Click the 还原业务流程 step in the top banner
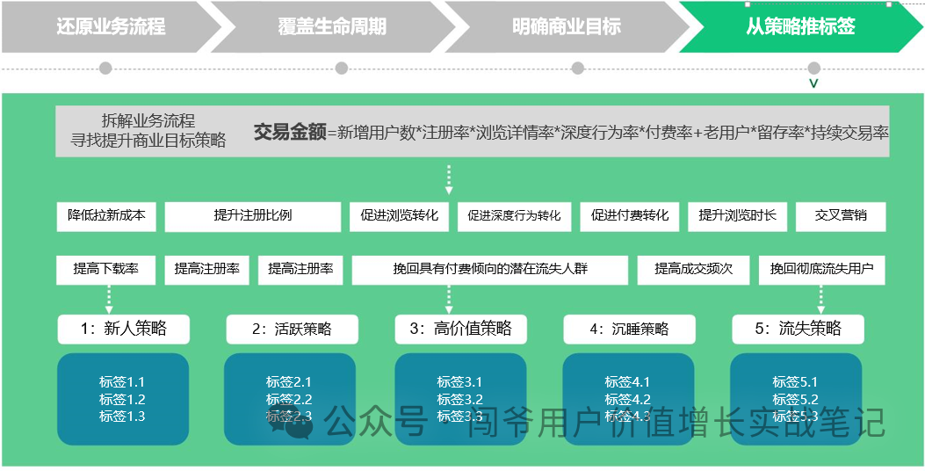[x=111, y=26]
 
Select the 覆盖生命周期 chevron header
[x=332, y=26]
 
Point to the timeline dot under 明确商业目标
[x=577, y=68]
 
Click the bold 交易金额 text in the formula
[x=289, y=133]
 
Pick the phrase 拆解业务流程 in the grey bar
[x=148, y=121]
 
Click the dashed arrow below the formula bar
[x=449, y=178]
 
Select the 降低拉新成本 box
[x=106, y=215]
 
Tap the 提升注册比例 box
[x=253, y=215]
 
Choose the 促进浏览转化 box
[x=399, y=215]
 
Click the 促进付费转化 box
[x=630, y=215]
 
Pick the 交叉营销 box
[x=841, y=215]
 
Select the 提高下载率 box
[x=106, y=269]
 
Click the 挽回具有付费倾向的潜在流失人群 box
[x=490, y=269]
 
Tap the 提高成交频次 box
[x=693, y=269]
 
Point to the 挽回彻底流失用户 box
[x=821, y=269]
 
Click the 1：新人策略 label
[x=123, y=329]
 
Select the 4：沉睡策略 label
[x=629, y=329]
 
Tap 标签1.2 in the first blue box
[x=122, y=399]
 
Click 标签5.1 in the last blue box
[x=795, y=382]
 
